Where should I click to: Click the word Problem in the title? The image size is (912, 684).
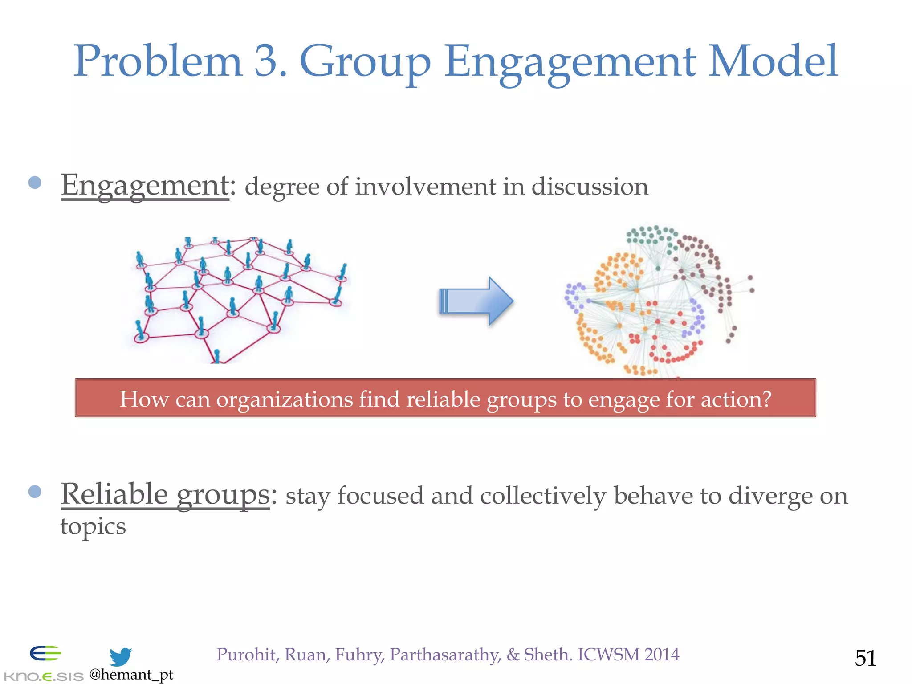point(158,61)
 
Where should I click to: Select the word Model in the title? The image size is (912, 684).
point(773,61)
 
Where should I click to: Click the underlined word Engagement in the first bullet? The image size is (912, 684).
point(145,186)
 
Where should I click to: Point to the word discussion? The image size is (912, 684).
point(590,187)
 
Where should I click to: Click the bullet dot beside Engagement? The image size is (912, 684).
point(35,183)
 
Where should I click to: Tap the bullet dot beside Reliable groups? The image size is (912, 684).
point(35,492)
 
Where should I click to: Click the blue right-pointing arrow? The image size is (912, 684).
point(476,301)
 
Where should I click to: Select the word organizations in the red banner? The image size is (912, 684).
point(285,399)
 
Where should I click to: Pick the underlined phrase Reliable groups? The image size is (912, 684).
point(165,495)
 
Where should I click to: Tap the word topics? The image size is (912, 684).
point(93,527)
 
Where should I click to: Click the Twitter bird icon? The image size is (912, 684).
point(120,657)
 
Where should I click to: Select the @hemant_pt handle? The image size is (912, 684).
point(131,675)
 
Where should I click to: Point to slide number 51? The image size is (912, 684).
point(865,658)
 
